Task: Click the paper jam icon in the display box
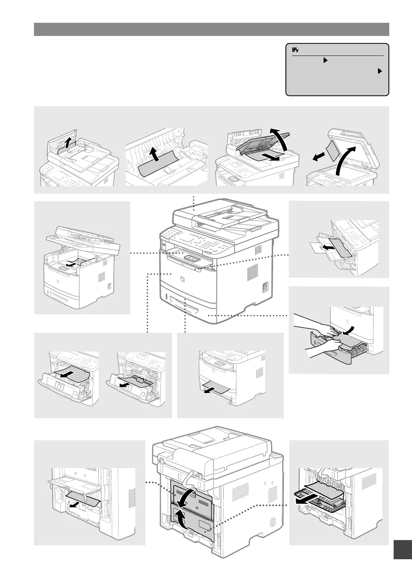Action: coord(295,50)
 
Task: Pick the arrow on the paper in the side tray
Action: coord(328,248)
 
